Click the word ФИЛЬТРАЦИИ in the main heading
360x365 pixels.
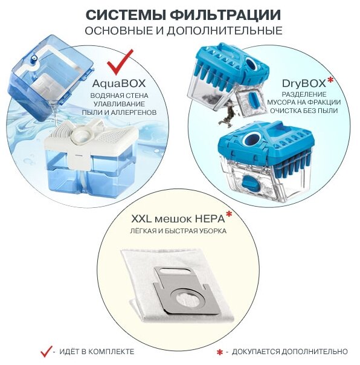[x=225, y=15]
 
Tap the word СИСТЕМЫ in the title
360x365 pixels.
[x=126, y=15]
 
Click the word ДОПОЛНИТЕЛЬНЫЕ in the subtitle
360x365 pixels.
[x=224, y=30]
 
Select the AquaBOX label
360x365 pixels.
[x=119, y=83]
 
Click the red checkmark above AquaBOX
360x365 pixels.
[x=120, y=62]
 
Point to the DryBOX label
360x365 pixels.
[x=304, y=83]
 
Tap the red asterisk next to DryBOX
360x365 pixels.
[x=330, y=80]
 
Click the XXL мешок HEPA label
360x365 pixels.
[x=178, y=219]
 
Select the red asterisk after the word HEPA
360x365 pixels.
[x=229, y=215]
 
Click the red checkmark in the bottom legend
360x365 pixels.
[x=46, y=351]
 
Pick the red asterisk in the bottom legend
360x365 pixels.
[x=219, y=352]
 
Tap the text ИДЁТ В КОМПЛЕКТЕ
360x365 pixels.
[x=97, y=352]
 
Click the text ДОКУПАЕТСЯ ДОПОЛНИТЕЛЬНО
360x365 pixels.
[x=289, y=352]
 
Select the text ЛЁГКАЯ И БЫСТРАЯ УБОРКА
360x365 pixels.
[x=178, y=231]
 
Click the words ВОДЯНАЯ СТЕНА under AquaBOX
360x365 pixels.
[x=119, y=95]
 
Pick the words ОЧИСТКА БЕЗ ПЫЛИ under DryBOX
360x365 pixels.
[x=304, y=111]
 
